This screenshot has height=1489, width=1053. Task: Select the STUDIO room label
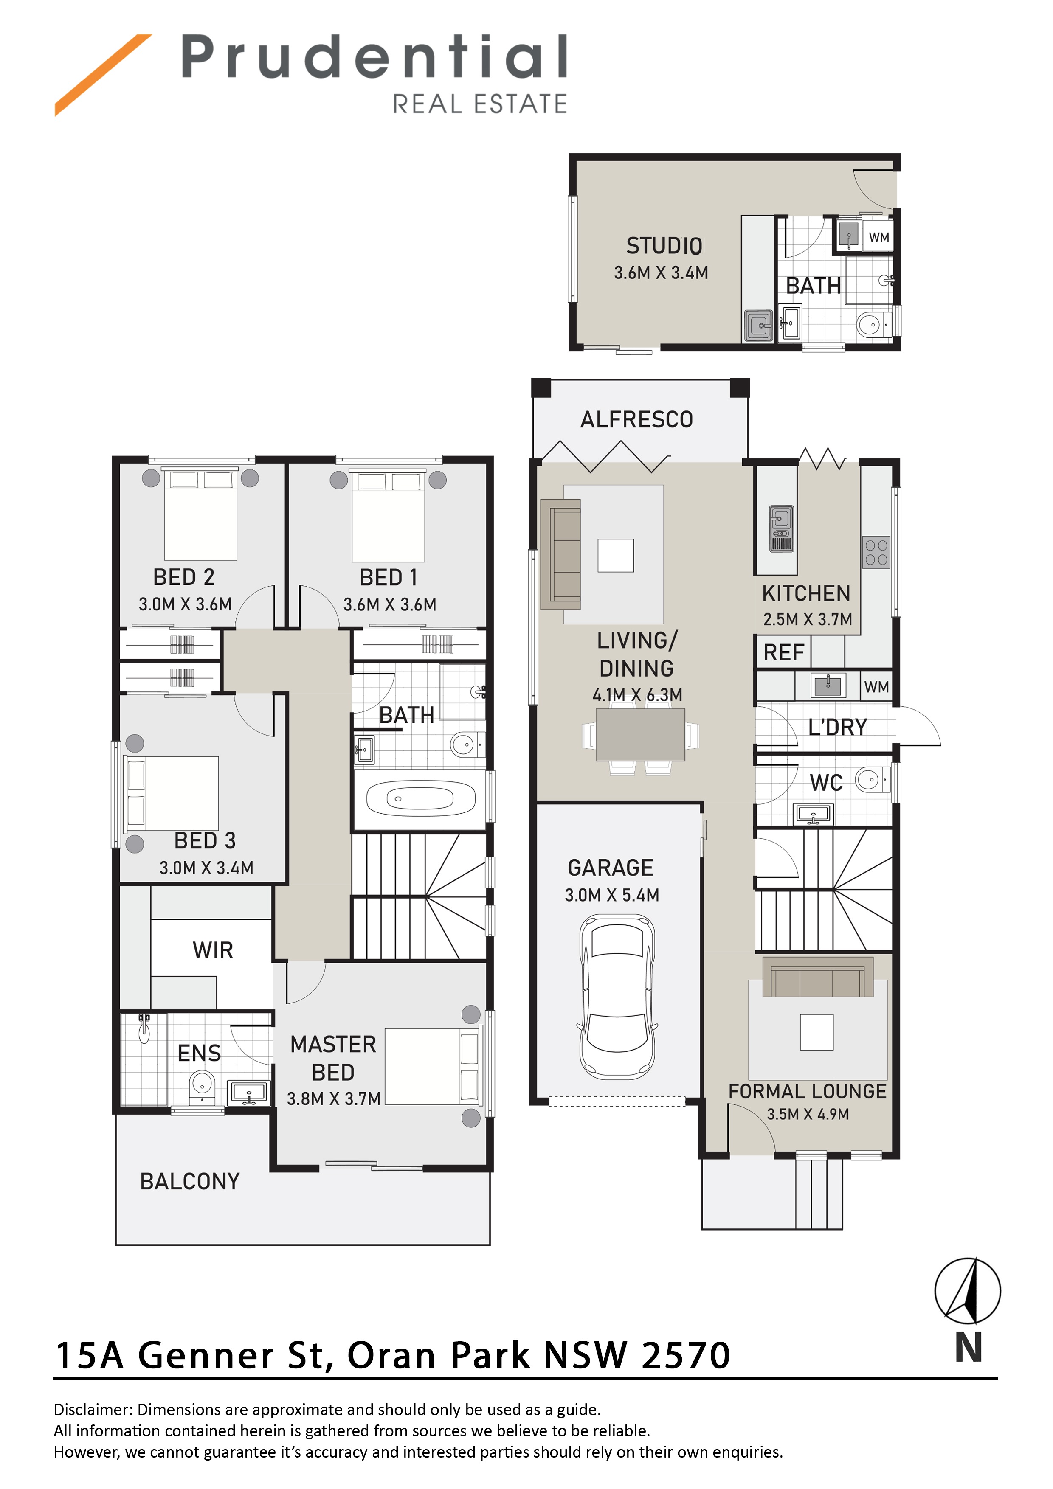point(664,246)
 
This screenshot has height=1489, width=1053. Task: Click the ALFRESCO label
point(636,420)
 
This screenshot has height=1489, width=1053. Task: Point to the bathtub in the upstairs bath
point(421,798)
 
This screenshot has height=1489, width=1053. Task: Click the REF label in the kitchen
point(784,652)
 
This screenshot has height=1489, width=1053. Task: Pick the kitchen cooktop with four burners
point(876,553)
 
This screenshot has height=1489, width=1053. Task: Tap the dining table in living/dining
point(640,735)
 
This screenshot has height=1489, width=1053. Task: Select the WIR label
point(213,950)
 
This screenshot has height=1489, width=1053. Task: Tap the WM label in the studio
point(879,237)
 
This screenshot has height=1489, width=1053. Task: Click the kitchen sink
point(781,528)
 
